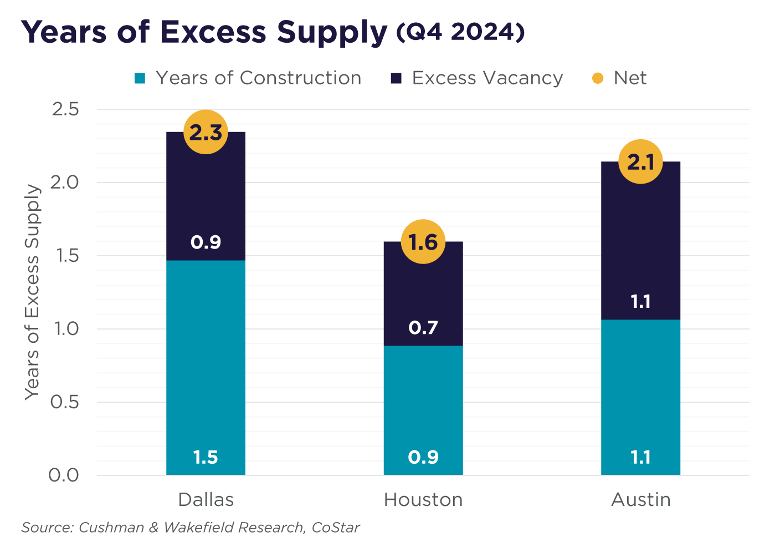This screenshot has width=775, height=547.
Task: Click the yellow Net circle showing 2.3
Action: (x=206, y=132)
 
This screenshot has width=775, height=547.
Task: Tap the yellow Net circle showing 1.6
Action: (x=423, y=241)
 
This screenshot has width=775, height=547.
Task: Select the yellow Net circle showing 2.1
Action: (x=640, y=161)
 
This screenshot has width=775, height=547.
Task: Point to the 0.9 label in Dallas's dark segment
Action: (x=206, y=242)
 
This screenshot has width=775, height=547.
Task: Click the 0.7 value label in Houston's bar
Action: (x=423, y=328)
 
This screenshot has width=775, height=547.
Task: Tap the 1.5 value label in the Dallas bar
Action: (x=206, y=458)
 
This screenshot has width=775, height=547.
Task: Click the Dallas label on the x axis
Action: (x=206, y=500)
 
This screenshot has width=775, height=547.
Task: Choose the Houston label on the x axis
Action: (x=423, y=500)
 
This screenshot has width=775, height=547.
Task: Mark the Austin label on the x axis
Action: (x=641, y=500)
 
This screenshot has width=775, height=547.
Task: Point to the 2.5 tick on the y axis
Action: (x=65, y=109)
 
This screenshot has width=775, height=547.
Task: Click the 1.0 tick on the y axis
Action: (x=65, y=329)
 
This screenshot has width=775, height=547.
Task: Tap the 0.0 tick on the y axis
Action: (x=65, y=475)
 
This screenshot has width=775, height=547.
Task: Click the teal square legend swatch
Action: (x=140, y=78)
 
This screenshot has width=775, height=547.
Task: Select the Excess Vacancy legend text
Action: (x=487, y=78)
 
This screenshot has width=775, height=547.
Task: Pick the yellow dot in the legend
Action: (x=598, y=78)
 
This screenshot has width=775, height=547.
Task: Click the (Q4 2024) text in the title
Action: (x=460, y=32)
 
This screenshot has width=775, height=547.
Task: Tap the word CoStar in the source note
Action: (x=336, y=527)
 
